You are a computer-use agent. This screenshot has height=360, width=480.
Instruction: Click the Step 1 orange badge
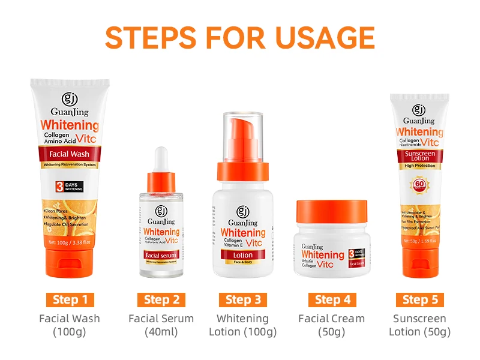coord(70,299)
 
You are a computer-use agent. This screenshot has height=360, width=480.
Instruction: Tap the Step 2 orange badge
coord(161,299)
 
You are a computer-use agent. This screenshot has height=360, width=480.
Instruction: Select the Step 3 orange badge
coord(243,299)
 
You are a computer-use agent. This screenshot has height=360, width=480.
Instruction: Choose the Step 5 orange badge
coord(419,299)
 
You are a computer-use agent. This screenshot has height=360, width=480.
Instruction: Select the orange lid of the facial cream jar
coord(331,212)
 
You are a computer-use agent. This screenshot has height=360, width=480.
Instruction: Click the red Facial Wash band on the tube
coord(70,154)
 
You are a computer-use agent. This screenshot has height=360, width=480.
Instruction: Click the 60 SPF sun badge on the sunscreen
coord(419,184)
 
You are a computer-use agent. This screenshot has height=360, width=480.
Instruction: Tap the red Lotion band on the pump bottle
coord(242,254)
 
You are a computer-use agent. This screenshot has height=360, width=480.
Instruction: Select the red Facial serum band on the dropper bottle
coord(161,255)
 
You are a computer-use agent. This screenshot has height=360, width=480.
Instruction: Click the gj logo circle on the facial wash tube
coord(70,98)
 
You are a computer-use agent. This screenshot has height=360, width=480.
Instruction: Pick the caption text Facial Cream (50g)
coord(331,325)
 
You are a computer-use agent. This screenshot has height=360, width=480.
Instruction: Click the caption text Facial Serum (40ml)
coord(161,325)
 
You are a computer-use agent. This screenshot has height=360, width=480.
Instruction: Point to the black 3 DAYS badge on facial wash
coord(69,186)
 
